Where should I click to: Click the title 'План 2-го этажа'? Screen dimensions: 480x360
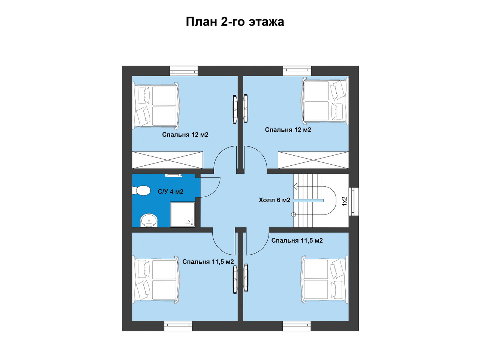[x=235, y=22]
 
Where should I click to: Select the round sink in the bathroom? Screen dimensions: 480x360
[x=149, y=220]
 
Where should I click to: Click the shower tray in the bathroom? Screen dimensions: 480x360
[x=183, y=214]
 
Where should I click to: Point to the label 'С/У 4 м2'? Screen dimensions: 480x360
[x=171, y=192]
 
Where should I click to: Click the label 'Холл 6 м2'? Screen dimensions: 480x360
[x=274, y=200]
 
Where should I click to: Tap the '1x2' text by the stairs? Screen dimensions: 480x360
[x=344, y=201]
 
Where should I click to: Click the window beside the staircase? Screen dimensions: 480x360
[x=354, y=201]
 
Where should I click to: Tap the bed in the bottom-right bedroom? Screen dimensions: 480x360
[x=324, y=280]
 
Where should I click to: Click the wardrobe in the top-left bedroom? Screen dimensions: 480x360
[x=168, y=160]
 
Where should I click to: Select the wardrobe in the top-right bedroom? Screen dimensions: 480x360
[x=313, y=160]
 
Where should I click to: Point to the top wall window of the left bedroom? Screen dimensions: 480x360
[x=184, y=71]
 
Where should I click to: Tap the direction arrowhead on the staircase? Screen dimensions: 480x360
[x=295, y=186]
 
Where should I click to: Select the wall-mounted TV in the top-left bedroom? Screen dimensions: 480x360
[x=235, y=109]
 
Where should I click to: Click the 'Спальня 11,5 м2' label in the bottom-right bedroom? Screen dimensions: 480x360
[x=297, y=240]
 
